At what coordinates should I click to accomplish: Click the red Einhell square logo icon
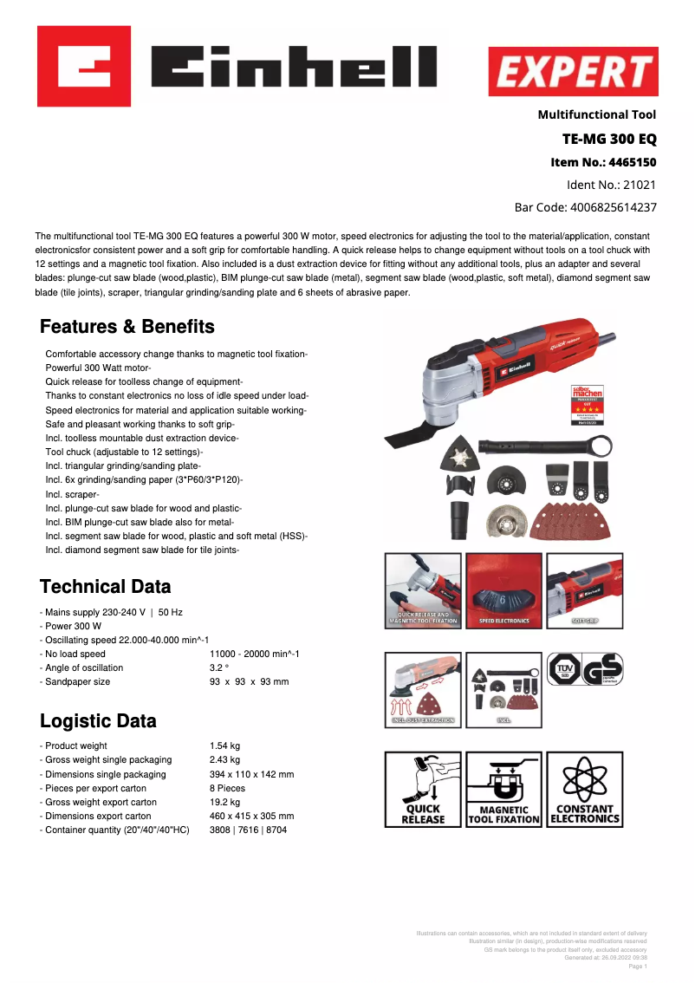coord(84,66)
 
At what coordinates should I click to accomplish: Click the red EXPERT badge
coord(572,71)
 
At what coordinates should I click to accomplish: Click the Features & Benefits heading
coord(127,327)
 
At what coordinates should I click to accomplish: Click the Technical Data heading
coord(106,586)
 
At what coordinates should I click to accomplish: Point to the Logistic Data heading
coord(99,721)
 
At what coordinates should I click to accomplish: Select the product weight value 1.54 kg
coord(224,745)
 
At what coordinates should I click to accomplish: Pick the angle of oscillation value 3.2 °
coord(219,667)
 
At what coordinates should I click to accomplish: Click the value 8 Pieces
coord(227,788)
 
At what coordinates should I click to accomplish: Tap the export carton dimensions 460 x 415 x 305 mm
coord(251,816)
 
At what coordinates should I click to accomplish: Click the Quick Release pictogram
coord(424,789)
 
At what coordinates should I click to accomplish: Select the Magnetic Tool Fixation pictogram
coord(504,789)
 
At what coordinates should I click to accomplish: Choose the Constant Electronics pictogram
coord(585,789)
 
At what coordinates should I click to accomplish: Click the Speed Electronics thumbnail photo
coord(504,590)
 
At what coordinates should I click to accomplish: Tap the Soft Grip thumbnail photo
coord(585,590)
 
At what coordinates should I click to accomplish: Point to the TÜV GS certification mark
coord(585,670)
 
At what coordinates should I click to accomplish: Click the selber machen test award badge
coord(587,404)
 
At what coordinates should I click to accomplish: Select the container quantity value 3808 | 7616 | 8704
coord(248,830)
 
